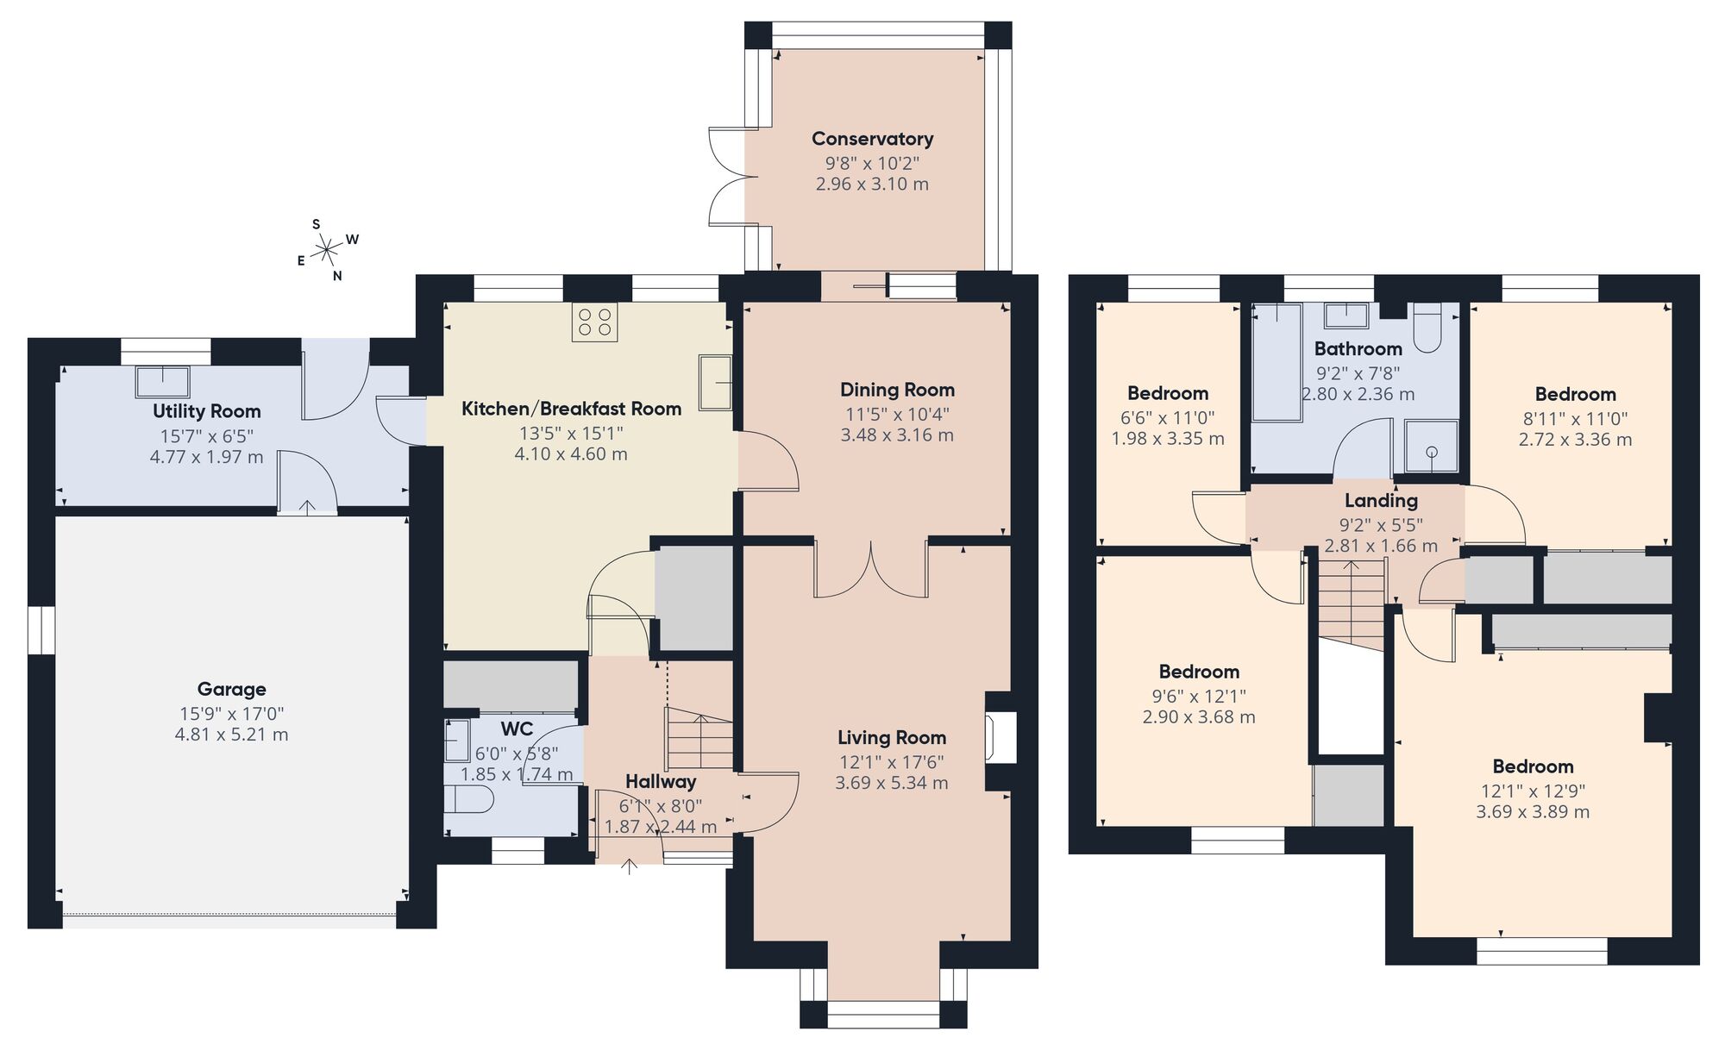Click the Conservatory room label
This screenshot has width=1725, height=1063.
tap(872, 139)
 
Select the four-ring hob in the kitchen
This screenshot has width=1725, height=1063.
tap(594, 322)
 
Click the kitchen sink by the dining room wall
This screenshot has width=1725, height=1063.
tap(716, 382)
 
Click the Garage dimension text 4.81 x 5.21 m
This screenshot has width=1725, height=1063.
tap(231, 735)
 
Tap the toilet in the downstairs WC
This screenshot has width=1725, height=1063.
tap(468, 800)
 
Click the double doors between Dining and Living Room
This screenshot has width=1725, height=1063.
tap(871, 569)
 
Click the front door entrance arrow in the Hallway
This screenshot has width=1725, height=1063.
tap(630, 865)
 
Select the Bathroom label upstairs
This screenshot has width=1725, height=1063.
tap(1358, 349)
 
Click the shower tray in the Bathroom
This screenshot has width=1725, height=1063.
tap(1431, 447)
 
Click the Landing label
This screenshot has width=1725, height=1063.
tap(1381, 501)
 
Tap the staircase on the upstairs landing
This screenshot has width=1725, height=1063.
tap(1350, 603)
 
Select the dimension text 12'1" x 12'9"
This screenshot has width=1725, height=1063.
tap(1533, 791)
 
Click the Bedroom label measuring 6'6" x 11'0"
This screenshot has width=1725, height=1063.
tap(1168, 394)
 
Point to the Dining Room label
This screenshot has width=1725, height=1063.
tap(897, 391)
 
